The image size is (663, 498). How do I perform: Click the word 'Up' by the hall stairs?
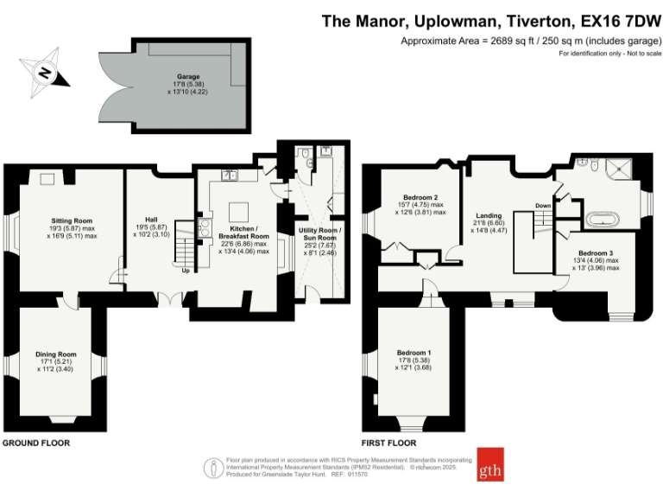tap(186, 269)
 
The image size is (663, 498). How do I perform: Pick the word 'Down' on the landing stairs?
tap(543, 205)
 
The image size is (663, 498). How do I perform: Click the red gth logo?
tap(491, 465)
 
